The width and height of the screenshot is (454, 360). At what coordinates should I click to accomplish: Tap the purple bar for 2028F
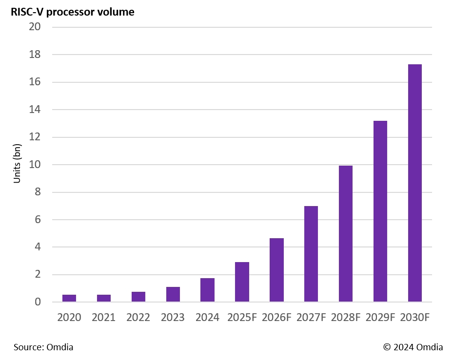point(345,234)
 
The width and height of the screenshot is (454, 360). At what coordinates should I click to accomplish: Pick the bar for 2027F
point(311,254)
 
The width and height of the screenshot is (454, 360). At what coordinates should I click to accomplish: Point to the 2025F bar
point(242,282)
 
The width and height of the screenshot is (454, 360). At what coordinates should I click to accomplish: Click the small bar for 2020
point(69,298)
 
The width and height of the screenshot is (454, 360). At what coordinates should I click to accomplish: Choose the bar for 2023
point(173,294)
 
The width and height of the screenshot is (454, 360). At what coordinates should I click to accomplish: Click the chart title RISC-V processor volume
point(73,12)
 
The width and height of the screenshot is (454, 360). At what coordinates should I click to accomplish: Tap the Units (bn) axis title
point(17,164)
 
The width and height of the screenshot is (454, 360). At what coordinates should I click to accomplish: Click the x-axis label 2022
point(138,318)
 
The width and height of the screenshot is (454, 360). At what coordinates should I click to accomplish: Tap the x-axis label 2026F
point(276,318)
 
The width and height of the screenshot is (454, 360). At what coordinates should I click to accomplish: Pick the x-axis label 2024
point(207,318)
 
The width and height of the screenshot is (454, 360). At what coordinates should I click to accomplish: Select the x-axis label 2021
point(103,318)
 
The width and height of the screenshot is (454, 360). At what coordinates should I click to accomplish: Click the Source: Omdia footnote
point(43,347)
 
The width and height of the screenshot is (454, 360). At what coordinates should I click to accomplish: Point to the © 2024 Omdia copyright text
point(413,347)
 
